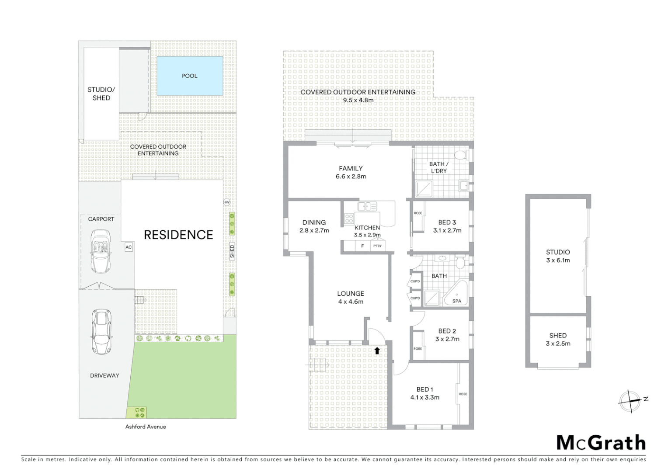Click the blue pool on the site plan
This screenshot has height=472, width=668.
[189, 76]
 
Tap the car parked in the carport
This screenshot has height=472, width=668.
[101, 252]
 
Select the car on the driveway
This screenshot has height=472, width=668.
[101, 331]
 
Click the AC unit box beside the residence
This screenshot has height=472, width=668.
[129, 247]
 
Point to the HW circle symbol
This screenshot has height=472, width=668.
[226, 202]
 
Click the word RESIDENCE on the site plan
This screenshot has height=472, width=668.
[178, 235]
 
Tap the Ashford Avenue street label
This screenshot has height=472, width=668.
[146, 427]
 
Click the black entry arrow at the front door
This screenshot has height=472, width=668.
[377, 350]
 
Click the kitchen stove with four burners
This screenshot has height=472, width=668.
[349, 219]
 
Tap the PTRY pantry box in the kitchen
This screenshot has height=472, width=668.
[377, 246]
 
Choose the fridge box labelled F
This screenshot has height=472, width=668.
[362, 246]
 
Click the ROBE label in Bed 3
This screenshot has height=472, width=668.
[418, 213]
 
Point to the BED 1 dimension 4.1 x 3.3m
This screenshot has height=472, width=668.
[424, 397]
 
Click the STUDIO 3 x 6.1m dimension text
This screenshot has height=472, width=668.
[558, 260]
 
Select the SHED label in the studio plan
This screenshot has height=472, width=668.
[558, 335]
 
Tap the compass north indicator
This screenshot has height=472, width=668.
[630, 400]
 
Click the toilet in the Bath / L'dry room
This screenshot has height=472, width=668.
[460, 155]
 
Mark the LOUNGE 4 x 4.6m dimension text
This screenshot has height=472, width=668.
[351, 302]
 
